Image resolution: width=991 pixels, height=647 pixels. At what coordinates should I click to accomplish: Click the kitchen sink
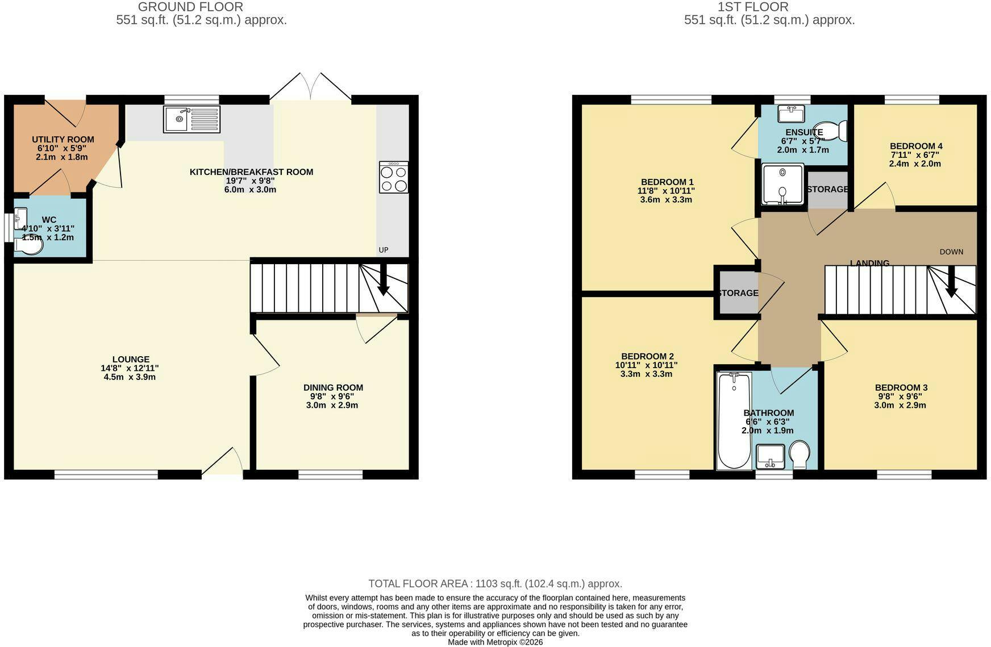click(191, 119)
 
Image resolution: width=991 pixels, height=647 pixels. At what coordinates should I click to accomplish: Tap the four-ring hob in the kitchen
click(394, 177)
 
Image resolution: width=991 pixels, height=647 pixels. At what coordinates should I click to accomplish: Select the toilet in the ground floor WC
click(29, 245)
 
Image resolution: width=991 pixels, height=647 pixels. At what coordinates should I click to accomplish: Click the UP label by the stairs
click(384, 250)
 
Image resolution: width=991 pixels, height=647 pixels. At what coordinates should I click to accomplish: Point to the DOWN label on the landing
click(951, 252)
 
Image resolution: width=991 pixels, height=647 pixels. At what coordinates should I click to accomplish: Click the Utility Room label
click(63, 140)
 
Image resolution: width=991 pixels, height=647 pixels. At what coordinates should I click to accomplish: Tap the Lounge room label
click(131, 360)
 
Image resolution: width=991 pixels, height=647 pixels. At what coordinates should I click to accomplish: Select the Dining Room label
click(333, 388)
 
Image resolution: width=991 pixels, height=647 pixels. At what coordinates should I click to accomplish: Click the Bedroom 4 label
click(916, 146)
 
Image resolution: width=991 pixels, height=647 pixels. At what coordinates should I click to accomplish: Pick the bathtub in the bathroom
click(734, 420)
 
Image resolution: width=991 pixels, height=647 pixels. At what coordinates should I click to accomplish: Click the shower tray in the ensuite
click(782, 184)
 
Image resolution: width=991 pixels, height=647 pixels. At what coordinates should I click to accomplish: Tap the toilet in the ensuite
click(831, 131)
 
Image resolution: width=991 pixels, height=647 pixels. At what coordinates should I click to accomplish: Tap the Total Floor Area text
click(495, 583)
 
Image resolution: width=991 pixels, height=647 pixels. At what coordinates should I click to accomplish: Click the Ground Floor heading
click(190, 7)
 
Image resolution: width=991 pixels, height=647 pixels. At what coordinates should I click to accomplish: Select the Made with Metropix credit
click(495, 642)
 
